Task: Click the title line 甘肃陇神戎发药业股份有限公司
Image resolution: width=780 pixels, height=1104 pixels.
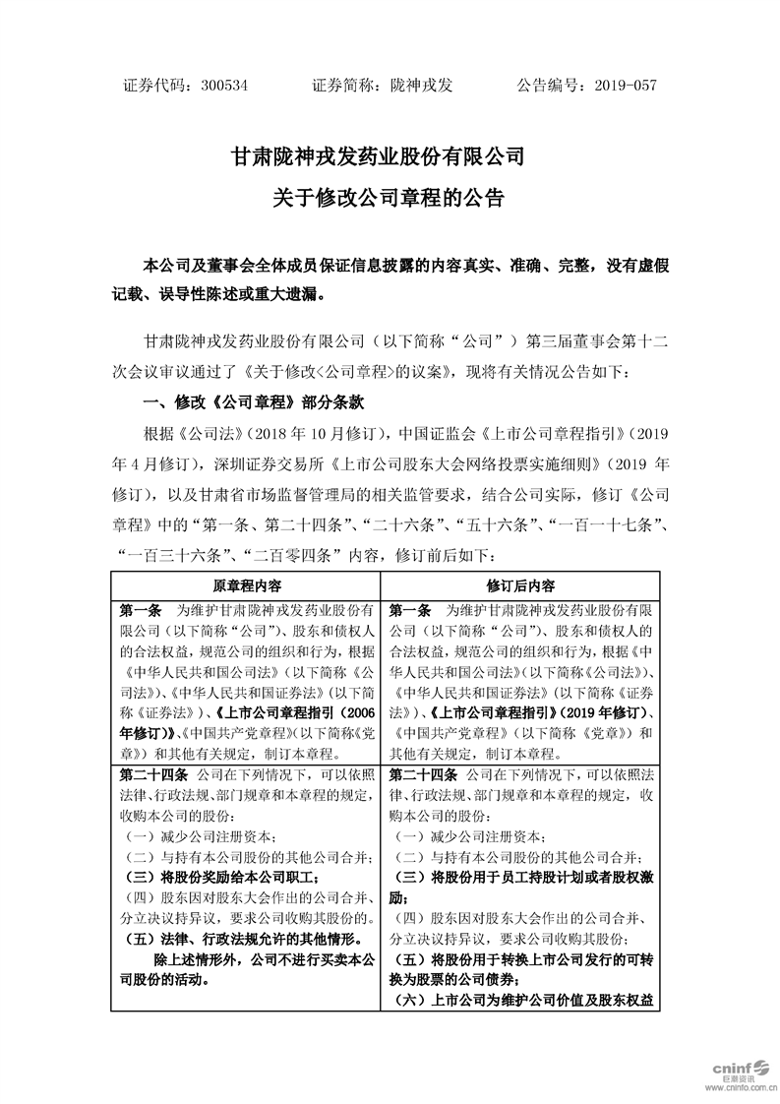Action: coord(390,156)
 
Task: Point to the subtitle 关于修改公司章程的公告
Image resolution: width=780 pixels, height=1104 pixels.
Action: coord(390,198)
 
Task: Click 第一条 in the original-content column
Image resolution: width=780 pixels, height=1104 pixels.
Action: coord(141,610)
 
